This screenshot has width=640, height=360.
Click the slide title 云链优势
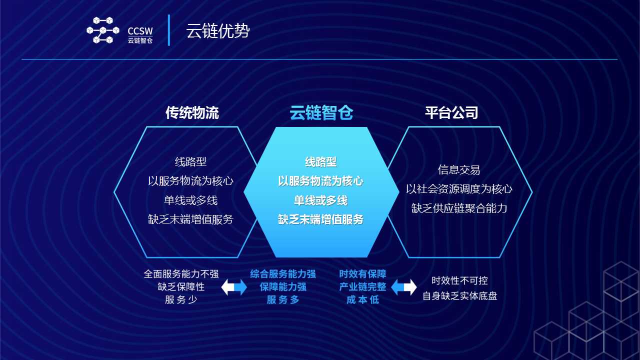[218, 30]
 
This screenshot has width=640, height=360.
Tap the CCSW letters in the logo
[140, 31]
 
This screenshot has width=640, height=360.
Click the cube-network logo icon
[103, 30]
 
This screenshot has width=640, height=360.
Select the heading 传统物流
[192, 112]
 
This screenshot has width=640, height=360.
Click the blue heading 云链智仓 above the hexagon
[321, 112]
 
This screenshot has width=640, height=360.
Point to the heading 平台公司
[451, 112]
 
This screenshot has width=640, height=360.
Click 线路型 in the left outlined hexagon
[190, 161]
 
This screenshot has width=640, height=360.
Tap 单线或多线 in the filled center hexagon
[320, 200]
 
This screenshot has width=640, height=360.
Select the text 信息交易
[459, 169]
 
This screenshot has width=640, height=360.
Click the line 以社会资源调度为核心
[459, 189]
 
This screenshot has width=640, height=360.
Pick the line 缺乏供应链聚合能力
[459, 208]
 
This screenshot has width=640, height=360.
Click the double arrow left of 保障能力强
[234, 287]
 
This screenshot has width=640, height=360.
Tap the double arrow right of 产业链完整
[403, 287]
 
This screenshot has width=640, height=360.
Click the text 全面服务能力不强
[181, 274]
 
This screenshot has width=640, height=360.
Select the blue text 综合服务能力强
[283, 274]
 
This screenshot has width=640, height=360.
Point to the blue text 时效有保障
[362, 274]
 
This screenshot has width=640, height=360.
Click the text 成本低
[362, 299]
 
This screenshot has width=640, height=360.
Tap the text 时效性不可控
[459, 280]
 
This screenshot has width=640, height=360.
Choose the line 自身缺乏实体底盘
[459, 296]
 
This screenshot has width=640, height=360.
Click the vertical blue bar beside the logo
[169, 30]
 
